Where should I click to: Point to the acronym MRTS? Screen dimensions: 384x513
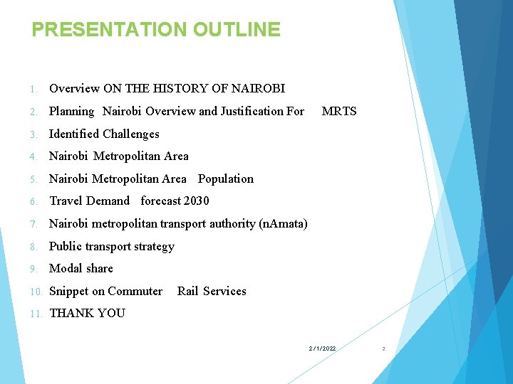[339, 111]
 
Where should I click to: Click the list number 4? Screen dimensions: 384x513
[33, 156]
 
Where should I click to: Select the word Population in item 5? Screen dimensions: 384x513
[226, 178]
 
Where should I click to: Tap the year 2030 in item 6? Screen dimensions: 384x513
[197, 201]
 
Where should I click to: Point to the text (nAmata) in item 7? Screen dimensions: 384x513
[284, 224]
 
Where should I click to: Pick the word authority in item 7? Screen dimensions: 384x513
[232, 224]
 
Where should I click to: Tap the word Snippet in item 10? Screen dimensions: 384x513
[68, 292]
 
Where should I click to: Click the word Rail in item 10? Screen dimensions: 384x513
[188, 292]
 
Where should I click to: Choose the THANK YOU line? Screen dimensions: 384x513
[87, 314]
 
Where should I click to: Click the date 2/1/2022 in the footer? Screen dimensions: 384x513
[322, 348]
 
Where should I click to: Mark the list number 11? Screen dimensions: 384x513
[35, 314]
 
